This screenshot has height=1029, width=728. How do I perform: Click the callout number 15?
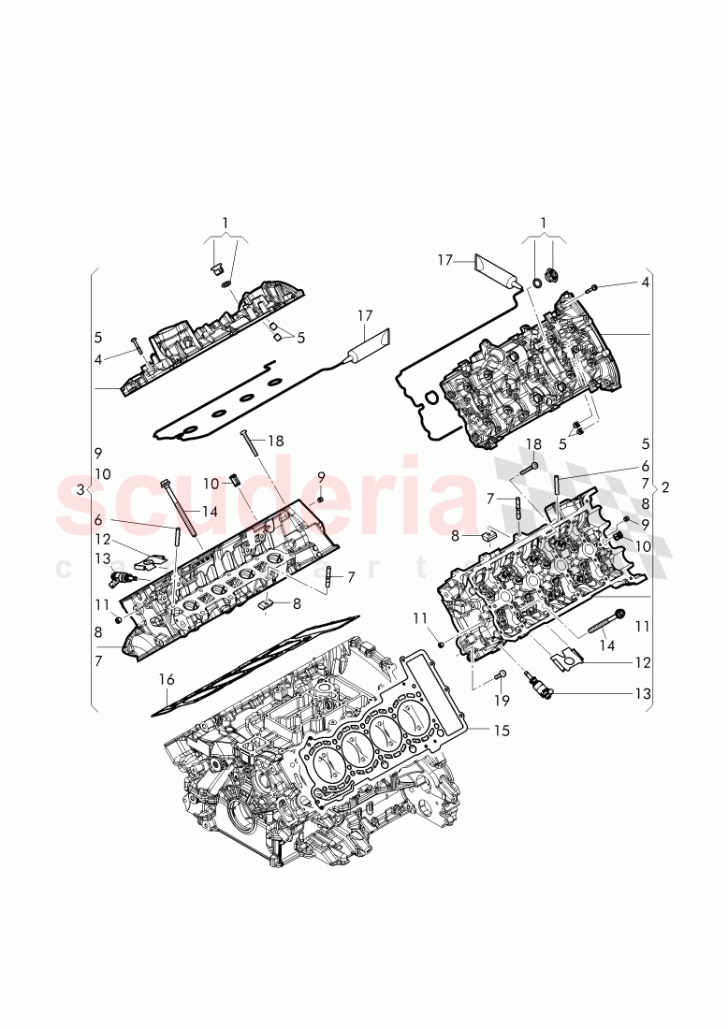tap(502, 731)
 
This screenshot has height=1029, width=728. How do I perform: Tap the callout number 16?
tap(166, 682)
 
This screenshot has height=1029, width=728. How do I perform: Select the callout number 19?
tap(502, 700)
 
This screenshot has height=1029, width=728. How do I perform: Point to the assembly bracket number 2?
tap(664, 487)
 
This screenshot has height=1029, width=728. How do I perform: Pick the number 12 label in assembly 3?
tap(102, 539)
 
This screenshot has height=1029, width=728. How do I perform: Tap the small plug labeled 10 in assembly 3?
tap(235, 482)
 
